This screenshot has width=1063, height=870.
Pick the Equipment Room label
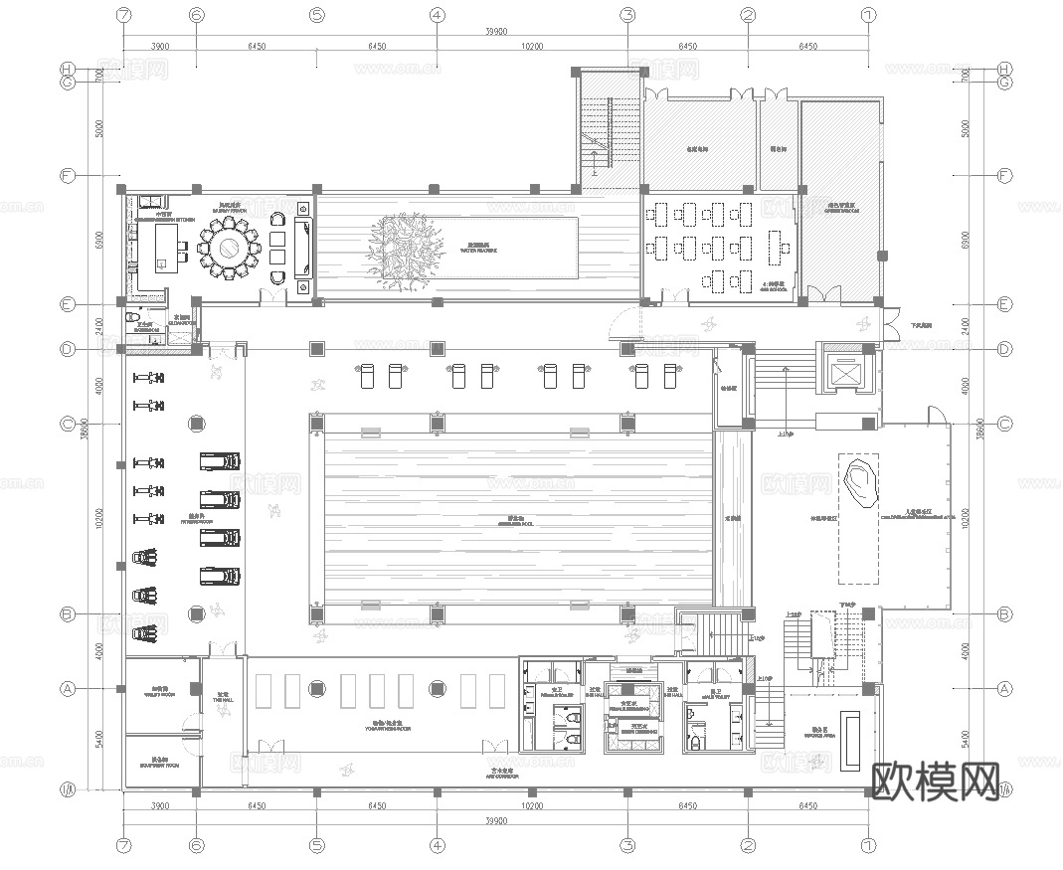click(x=158, y=765)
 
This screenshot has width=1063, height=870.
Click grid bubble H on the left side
click(x=68, y=69)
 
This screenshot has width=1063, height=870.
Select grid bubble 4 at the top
click(x=437, y=16)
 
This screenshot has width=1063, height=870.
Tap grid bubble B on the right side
click(x=1004, y=614)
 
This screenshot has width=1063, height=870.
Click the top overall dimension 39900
click(x=496, y=32)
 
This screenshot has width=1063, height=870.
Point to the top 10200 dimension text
click(x=532, y=47)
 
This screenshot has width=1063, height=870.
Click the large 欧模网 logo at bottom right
click(x=936, y=783)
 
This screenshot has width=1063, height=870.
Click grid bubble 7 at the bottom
click(x=123, y=846)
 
